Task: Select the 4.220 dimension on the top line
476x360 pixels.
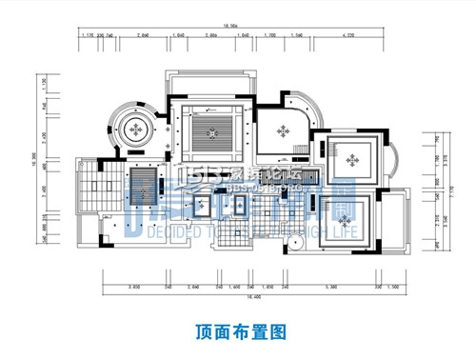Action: pos(342,37)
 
